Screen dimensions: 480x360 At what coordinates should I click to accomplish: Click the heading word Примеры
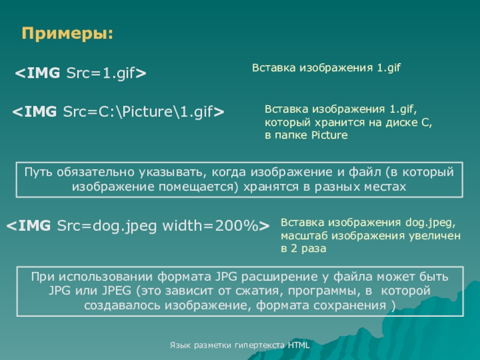pyautogui.click(x=65, y=34)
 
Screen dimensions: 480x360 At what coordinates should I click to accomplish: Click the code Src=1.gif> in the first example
pyautogui.click(x=106, y=73)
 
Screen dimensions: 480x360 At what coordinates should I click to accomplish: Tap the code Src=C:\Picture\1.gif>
pyautogui.click(x=143, y=112)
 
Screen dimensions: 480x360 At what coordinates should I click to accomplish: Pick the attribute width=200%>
pyautogui.click(x=216, y=226)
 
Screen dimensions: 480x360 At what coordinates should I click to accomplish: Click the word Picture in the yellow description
pyautogui.click(x=329, y=136)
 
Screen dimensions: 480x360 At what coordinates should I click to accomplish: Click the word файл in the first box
pyautogui.click(x=365, y=172)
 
